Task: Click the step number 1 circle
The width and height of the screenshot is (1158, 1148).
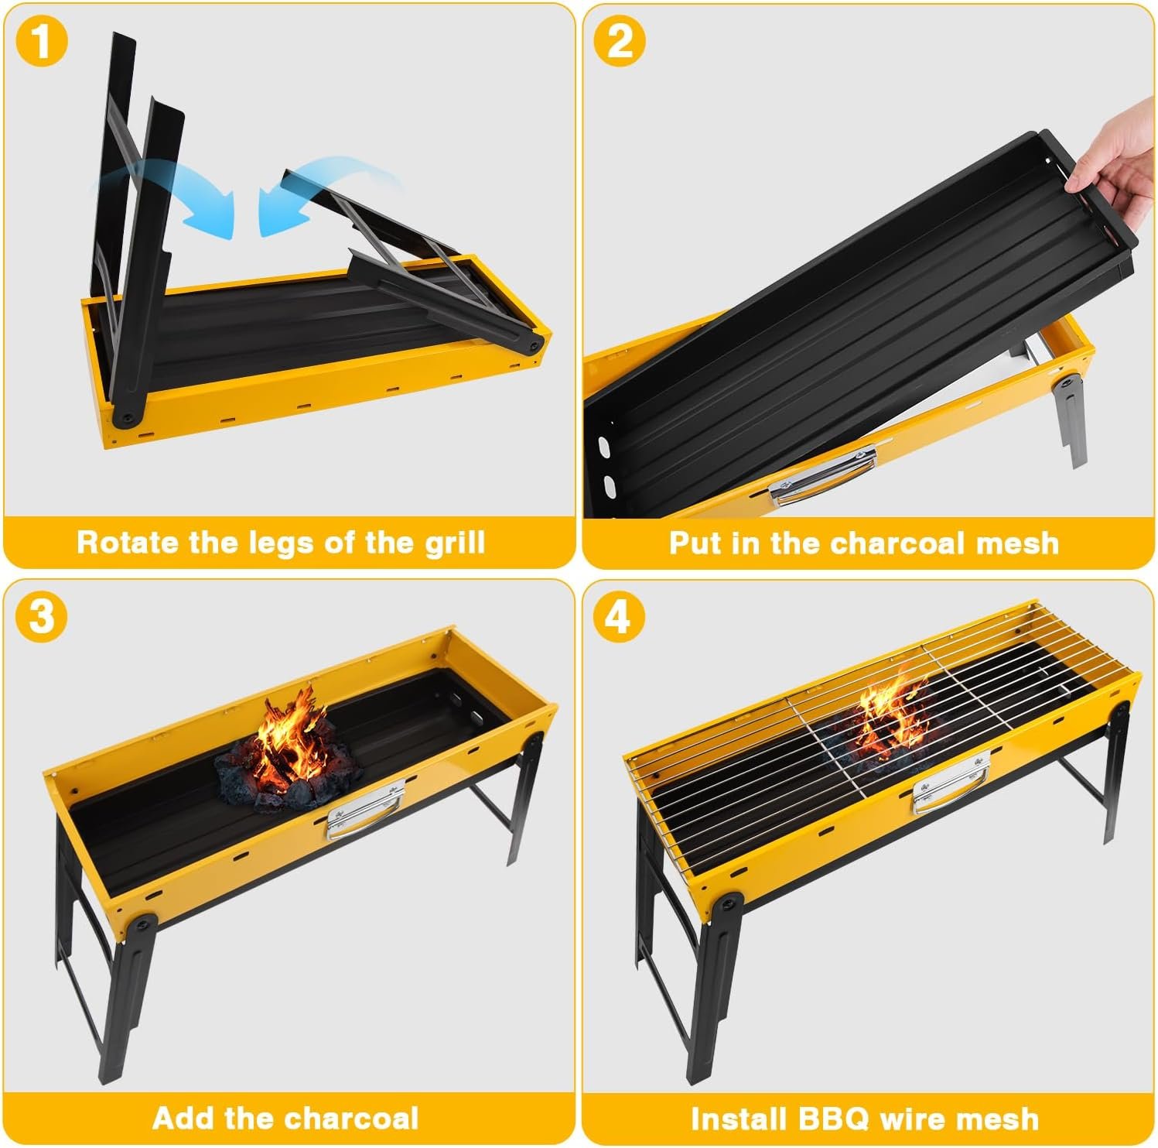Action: [x=42, y=42]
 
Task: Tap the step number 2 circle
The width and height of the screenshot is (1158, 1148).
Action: [x=619, y=42]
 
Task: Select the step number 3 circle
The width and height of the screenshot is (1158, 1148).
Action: [x=42, y=618]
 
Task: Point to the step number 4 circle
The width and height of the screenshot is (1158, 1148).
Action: [x=619, y=618]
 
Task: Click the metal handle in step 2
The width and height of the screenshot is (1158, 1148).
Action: [x=822, y=475]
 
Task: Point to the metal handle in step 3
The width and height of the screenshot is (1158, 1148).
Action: [x=365, y=809]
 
